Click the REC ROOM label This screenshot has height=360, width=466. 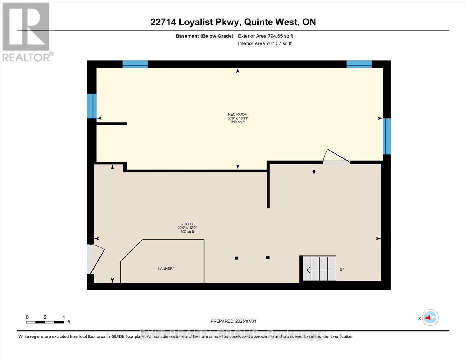[x=238, y=114]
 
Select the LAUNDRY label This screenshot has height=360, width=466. [x=167, y=268]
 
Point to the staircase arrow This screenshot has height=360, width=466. [x=319, y=269]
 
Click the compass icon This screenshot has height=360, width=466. [x=430, y=317]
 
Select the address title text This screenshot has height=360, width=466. [x=233, y=22]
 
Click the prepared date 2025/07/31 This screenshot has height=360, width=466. [x=233, y=321]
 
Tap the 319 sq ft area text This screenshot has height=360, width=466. [x=238, y=122]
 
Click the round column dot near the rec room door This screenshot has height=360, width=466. [x=314, y=172]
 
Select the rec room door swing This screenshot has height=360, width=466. [x=335, y=157]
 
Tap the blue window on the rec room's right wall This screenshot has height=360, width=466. [x=386, y=136]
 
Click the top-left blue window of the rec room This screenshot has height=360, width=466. [x=135, y=64]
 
